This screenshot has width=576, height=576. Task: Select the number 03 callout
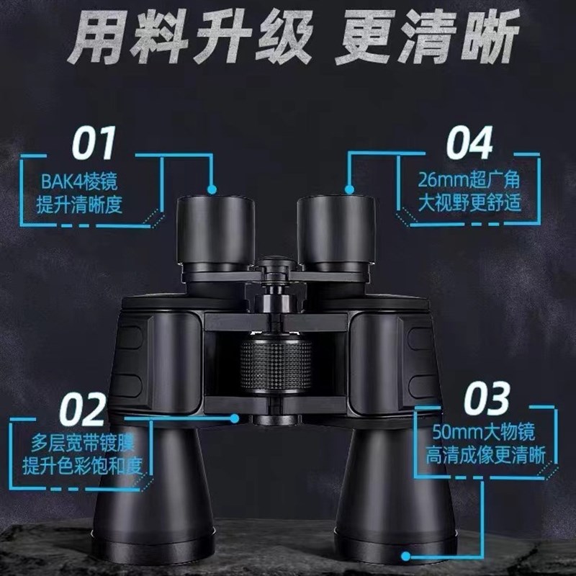[487, 400]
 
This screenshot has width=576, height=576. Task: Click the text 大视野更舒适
[469, 203]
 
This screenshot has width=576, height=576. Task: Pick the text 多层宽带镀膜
[83, 440]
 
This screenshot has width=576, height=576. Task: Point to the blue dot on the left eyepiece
[213, 191]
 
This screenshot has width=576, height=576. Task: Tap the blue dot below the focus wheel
[235, 417]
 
